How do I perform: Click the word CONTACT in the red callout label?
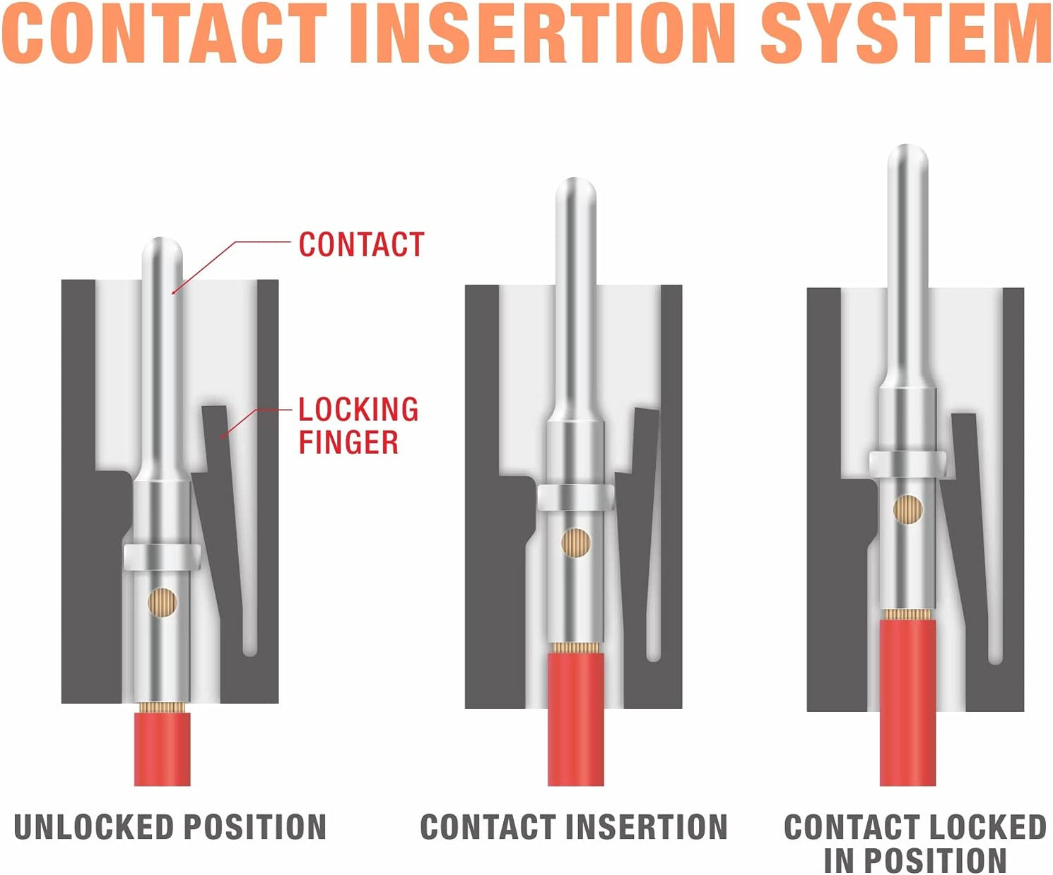click(x=361, y=245)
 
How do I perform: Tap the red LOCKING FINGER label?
click(x=358, y=426)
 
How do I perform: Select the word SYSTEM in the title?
click(x=906, y=33)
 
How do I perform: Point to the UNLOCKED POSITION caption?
click(x=170, y=827)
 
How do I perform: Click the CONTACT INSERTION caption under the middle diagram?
click(x=574, y=827)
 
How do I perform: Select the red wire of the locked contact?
click(x=908, y=701)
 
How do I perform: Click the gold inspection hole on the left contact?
click(x=163, y=602)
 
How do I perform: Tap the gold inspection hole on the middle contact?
click(x=576, y=542)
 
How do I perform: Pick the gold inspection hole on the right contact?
click(x=908, y=509)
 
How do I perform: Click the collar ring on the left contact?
click(x=163, y=556)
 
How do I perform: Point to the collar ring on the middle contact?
click(x=576, y=497)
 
